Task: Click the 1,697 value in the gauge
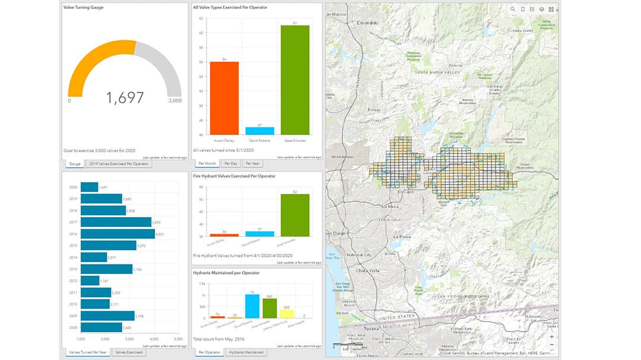coord(125,98)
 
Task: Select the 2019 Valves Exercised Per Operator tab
coord(118,164)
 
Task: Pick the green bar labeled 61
coord(295,80)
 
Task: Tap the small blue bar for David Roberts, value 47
coord(259,130)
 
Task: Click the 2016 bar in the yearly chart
coord(117,234)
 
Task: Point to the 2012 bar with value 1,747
coord(90,281)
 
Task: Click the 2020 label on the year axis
coord(74,187)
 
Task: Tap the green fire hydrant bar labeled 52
coord(295,215)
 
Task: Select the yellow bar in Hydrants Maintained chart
coord(287,314)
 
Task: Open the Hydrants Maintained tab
coord(245,352)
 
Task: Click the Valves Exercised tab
coord(128,352)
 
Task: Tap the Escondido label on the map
coord(367,23)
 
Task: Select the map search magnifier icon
coord(513,9)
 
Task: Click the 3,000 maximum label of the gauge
coord(174,101)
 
